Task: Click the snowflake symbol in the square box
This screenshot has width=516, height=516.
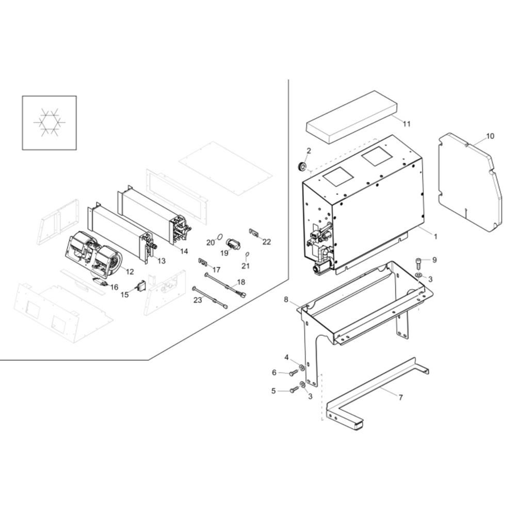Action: point(50,122)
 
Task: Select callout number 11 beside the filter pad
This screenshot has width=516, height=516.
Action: point(407,124)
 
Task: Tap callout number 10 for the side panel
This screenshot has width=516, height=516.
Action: point(490,136)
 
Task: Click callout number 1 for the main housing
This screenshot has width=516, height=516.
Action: point(436,236)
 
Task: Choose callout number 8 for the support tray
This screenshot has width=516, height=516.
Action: point(286,299)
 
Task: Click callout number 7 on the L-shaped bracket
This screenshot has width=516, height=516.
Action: point(400,397)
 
